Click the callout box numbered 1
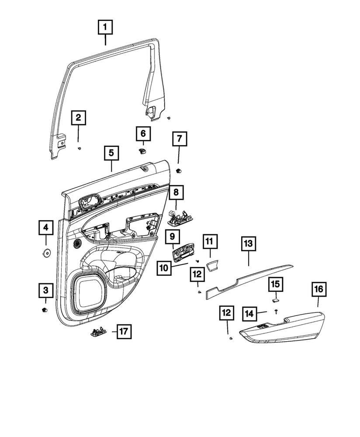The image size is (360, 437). pyautogui.click(x=105, y=28)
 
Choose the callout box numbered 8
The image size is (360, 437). pyautogui.click(x=177, y=192)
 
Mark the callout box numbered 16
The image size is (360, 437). pyautogui.click(x=318, y=289)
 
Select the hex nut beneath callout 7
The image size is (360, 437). pyautogui.click(x=179, y=170)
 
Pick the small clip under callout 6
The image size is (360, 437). pyautogui.click(x=142, y=151)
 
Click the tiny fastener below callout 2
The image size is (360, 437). pyautogui.click(x=79, y=148)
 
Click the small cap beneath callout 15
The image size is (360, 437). pyautogui.click(x=276, y=300)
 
